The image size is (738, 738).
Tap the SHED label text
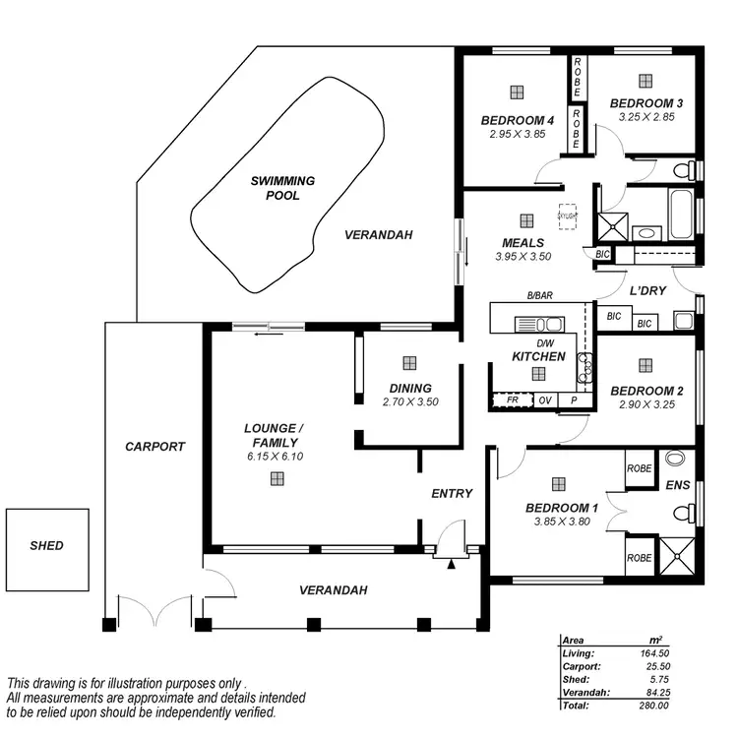pos(46,545)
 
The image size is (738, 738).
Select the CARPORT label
pos(154,446)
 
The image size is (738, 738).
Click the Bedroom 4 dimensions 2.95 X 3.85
pos(517,134)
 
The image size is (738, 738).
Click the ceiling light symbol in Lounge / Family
pos(278,479)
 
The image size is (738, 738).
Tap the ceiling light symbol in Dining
pos(408,363)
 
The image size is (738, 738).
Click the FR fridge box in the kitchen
pos(512,400)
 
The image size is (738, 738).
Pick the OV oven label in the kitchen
pos(544,400)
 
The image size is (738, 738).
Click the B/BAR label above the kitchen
pos(539,295)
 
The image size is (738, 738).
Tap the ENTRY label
pos(452,493)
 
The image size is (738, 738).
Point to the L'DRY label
pos(648,292)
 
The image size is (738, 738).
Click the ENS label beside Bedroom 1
pos(677,485)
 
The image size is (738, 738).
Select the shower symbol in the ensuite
pos(676,556)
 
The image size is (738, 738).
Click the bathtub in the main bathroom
pos(678,210)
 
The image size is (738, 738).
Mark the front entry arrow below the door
pos(452,564)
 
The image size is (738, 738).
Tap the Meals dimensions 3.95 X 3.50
pos(523,256)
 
